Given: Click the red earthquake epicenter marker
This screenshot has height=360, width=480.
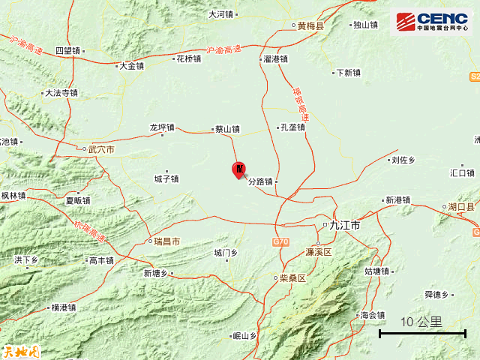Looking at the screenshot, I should (x=238, y=169).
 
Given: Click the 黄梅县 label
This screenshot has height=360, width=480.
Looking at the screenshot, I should (x=310, y=25).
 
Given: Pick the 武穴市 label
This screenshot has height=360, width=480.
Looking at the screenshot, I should (x=100, y=149).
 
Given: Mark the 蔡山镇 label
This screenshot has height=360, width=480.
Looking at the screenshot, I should (x=226, y=128).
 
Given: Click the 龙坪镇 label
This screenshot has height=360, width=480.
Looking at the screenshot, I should (x=161, y=127).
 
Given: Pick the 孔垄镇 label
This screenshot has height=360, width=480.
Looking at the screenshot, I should (x=292, y=127).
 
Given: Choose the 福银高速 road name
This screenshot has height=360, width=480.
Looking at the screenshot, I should (x=300, y=104).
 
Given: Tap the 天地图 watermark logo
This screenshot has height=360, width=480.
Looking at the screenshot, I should (x=20, y=350).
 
